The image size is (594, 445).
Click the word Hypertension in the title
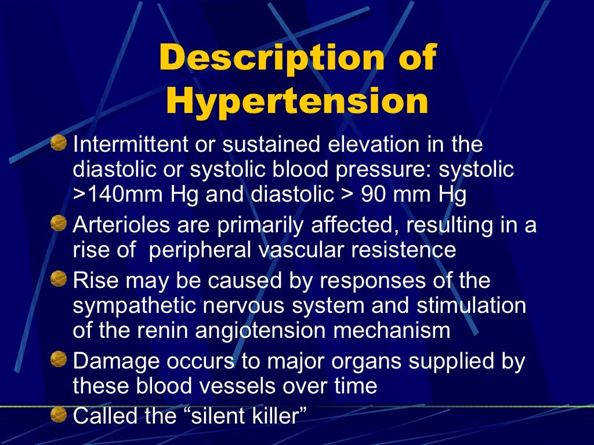pos(296,101)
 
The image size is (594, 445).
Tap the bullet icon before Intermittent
pos(58,142)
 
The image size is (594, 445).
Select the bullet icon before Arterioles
pos(58,224)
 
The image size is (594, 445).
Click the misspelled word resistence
pos(403,250)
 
